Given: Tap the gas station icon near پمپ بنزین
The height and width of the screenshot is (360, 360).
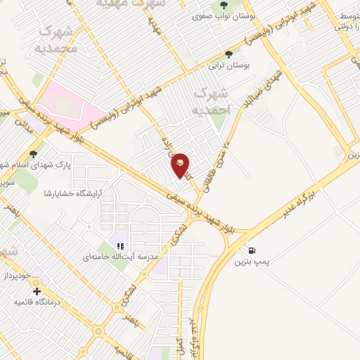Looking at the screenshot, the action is coord(252,250).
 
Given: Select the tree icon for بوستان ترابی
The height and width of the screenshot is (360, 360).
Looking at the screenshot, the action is coord(229,54).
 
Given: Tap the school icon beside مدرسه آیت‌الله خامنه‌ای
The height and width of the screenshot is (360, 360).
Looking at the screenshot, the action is coord(120,247).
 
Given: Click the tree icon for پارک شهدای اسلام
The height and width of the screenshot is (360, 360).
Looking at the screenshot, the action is coord(33,154).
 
